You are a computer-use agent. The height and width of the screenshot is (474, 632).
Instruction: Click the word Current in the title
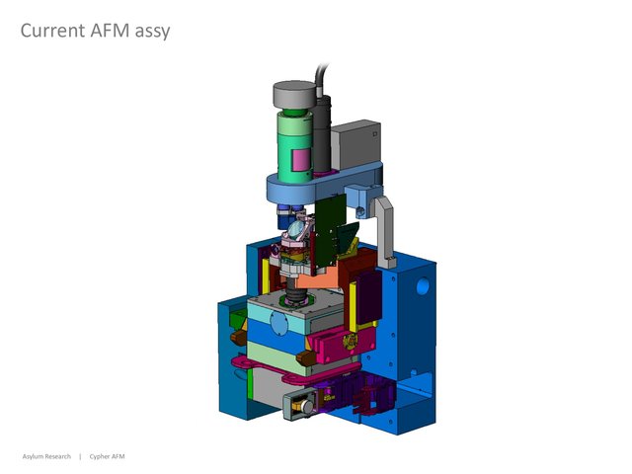pyautogui.click(x=52, y=31)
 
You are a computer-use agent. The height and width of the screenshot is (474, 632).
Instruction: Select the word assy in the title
pyautogui.click(x=152, y=33)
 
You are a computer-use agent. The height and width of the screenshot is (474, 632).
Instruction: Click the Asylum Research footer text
pyautogui.click(x=46, y=456)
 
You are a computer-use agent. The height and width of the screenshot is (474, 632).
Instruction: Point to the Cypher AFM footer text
pyautogui.click(x=107, y=456)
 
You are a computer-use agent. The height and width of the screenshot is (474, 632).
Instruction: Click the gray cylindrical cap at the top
pyautogui.click(x=294, y=95)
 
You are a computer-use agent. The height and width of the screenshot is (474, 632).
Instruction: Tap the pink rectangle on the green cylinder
pyautogui.click(x=300, y=160)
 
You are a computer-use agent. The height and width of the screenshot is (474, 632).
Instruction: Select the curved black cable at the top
pyautogui.click(x=320, y=80)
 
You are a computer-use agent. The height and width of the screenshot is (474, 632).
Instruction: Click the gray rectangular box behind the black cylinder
pyautogui.click(x=355, y=144)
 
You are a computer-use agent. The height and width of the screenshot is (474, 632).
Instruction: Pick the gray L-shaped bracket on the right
pyautogui.click(x=384, y=230)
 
